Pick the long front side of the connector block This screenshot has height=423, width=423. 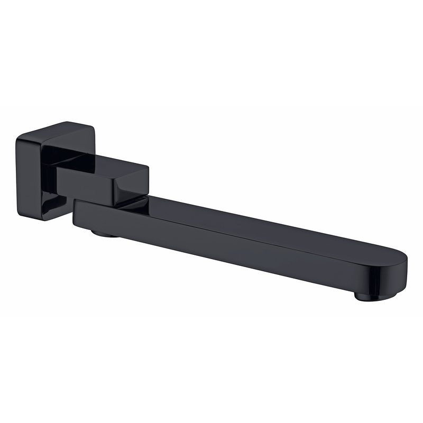85,185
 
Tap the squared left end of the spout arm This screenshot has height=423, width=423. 75,212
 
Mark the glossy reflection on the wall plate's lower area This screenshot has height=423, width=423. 50,204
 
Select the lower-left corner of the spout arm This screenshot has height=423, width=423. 75,223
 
